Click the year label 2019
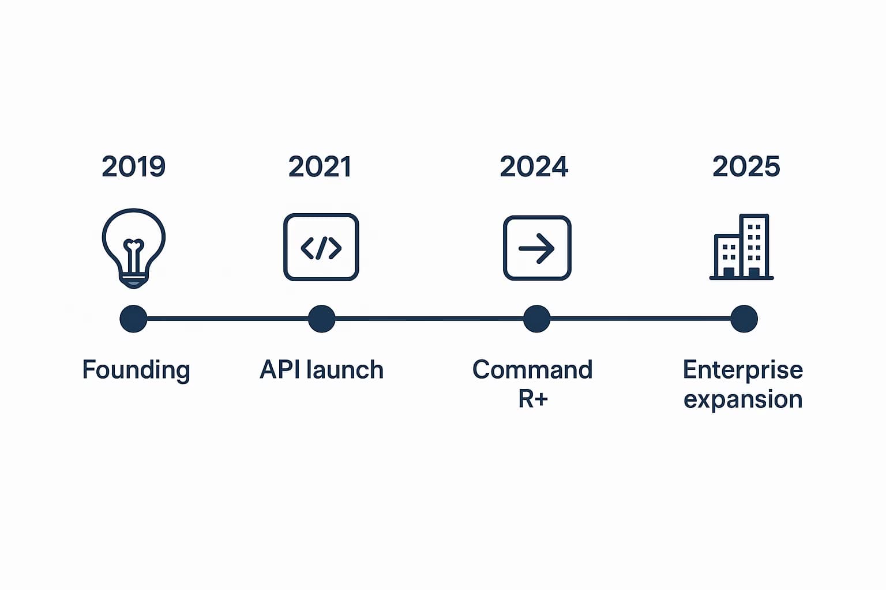tap(134, 167)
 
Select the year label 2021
tap(320, 167)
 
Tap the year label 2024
tap(534, 167)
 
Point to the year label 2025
tap(746, 167)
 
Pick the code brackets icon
tap(321, 248)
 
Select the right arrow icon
tap(537, 248)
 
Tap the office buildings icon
tap(742, 247)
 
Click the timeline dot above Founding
tap(133, 319)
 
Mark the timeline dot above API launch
tap(321, 319)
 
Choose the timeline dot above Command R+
tap(536, 319)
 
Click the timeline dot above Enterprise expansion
tap(744, 319)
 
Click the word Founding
tap(136, 370)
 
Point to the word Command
tap(532, 370)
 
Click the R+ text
tap(532, 399)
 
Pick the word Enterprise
tap(743, 370)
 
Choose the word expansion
tap(743, 399)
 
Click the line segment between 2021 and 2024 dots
tap(429, 318)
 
